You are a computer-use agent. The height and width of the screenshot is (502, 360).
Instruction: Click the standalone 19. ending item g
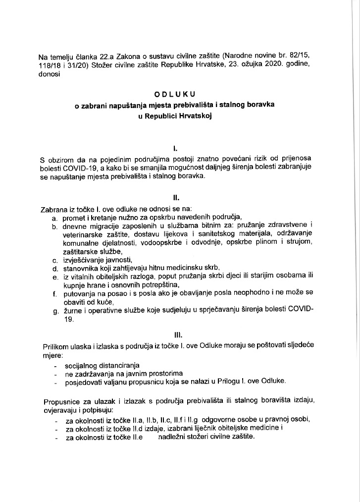69,320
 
